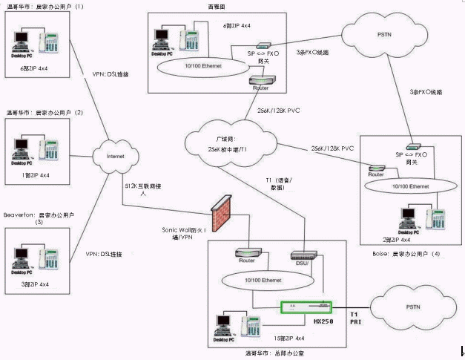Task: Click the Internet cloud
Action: coord(113,156)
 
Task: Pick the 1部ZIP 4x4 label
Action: coord(35,176)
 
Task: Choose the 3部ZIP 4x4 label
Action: coord(35,284)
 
